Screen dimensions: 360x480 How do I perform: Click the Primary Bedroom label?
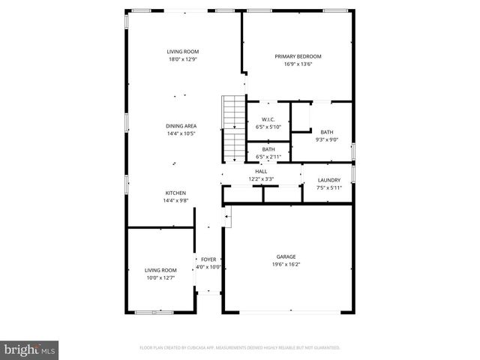(x=298, y=56)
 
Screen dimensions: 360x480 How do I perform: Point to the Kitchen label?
(x=175, y=193)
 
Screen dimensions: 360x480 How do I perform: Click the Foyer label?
(x=208, y=259)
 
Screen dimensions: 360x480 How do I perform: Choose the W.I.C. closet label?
(x=268, y=119)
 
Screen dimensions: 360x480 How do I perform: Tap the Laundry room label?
(x=328, y=180)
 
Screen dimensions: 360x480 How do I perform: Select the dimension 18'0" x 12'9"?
(x=183, y=58)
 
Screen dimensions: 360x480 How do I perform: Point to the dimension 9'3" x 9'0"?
(x=327, y=139)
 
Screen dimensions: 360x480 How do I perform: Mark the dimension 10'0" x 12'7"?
(x=160, y=277)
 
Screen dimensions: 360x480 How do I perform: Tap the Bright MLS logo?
(x=29, y=349)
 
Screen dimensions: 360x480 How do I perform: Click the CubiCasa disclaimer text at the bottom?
(x=240, y=347)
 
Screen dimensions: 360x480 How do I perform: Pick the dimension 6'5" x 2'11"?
(x=268, y=156)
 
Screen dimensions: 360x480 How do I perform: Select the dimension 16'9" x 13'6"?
(x=298, y=64)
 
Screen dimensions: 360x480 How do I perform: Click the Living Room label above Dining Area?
(x=183, y=51)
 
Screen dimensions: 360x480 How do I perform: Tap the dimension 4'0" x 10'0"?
(x=208, y=267)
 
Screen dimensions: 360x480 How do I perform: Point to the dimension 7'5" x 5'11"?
(x=328, y=187)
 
